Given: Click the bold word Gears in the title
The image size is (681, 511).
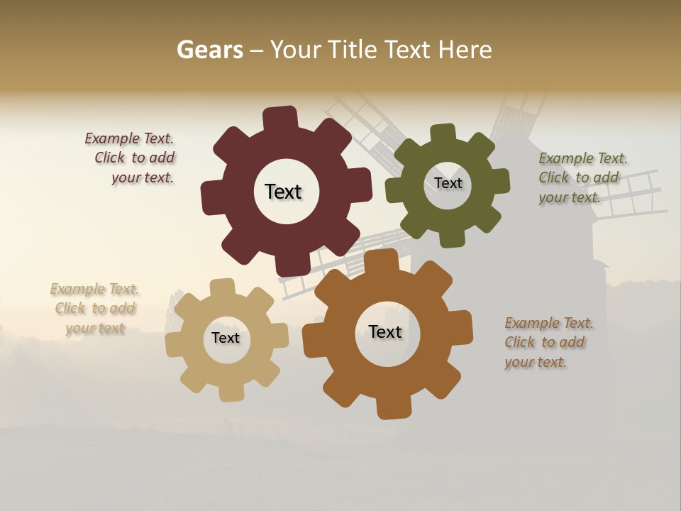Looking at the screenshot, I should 209,50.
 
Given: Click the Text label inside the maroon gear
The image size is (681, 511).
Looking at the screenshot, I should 283,192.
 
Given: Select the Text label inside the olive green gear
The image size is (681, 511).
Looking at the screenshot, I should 448,183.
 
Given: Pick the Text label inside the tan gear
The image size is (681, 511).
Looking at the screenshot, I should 226,338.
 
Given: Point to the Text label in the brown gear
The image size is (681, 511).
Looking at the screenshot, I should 385,331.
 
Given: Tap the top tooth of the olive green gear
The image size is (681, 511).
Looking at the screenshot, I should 443,134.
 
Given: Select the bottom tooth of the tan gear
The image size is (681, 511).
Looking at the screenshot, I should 231,392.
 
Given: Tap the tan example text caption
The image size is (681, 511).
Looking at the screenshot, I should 95,309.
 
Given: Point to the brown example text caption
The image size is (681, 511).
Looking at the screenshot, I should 548,342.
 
